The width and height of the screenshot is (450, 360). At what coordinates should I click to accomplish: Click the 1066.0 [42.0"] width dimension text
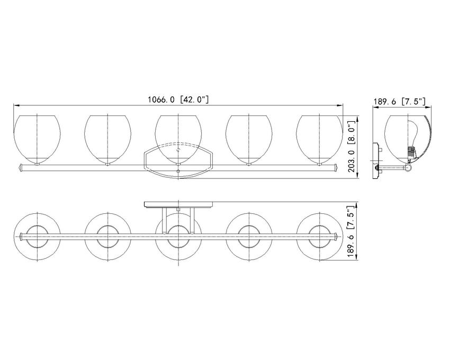(x=178, y=100)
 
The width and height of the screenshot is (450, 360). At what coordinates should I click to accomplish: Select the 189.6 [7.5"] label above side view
(x=399, y=101)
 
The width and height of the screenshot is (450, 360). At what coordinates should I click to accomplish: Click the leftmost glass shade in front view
(x=37, y=140)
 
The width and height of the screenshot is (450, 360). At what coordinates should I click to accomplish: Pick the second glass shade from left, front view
(x=107, y=140)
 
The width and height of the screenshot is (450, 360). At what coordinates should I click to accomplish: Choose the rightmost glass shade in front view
(x=319, y=140)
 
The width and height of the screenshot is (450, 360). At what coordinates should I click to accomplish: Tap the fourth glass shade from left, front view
(x=249, y=140)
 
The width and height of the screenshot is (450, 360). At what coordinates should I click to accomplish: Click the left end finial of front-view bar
(x=20, y=168)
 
